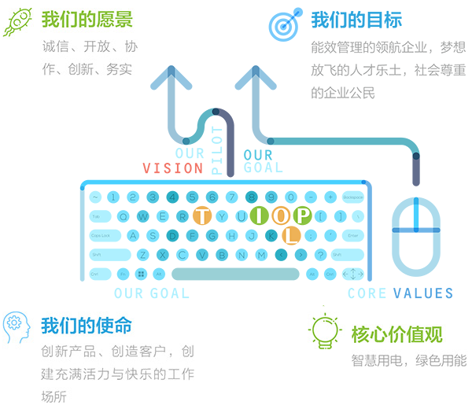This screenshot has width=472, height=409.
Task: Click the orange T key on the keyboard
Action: tap(202, 216)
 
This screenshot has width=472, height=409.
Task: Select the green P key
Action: tap(302, 215)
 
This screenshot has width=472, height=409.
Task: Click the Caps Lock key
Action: tap(104, 235)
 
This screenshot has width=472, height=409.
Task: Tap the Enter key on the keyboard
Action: tap(352, 235)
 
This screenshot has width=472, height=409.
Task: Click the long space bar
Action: tap(235, 275)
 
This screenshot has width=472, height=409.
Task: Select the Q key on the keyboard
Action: tap(124, 216)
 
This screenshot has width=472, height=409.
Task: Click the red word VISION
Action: tap(173, 168)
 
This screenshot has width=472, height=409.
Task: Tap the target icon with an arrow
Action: tap(284, 24)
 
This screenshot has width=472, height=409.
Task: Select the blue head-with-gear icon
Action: tap(17, 323)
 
